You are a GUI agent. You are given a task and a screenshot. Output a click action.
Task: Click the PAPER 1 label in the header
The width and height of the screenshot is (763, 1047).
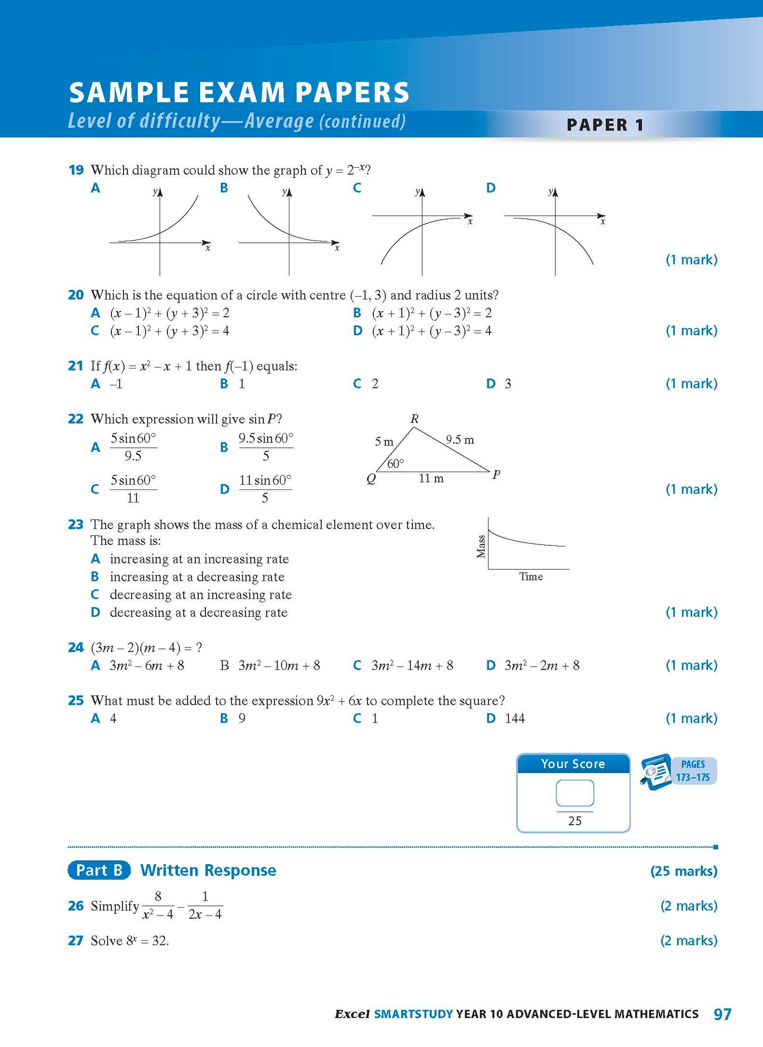click(x=605, y=125)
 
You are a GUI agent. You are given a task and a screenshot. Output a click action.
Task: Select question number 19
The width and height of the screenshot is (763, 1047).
click(x=76, y=170)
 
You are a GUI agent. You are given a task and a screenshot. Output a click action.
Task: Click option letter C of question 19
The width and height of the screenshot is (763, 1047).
click(x=357, y=188)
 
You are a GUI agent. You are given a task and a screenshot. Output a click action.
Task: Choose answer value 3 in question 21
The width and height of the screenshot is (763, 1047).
click(x=508, y=384)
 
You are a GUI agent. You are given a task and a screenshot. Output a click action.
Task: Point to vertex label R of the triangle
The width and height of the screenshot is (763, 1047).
click(x=415, y=419)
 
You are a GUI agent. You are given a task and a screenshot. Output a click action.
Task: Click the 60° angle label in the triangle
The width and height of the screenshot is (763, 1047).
click(x=395, y=464)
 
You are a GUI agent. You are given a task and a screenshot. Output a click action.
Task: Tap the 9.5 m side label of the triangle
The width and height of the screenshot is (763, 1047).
click(x=459, y=439)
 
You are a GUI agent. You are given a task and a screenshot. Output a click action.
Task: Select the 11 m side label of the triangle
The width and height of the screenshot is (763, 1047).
click(x=431, y=478)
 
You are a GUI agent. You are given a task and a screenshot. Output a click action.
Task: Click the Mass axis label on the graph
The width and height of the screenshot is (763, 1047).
click(x=481, y=546)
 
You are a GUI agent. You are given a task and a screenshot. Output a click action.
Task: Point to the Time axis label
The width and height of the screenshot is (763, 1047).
click(x=531, y=577)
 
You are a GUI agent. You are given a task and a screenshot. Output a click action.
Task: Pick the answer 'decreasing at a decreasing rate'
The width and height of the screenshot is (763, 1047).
click(x=199, y=612)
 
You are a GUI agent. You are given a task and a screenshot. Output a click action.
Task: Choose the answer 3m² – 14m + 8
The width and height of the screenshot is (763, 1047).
click(x=412, y=665)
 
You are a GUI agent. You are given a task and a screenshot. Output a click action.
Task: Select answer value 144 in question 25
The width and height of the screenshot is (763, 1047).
click(x=515, y=718)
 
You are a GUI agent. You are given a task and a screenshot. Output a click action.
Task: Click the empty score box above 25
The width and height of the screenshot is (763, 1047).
click(x=574, y=794)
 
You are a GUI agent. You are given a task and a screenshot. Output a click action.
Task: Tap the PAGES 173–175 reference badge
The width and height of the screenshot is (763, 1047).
click(x=693, y=771)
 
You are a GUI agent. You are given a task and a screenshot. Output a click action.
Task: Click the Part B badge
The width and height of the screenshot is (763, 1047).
click(x=99, y=870)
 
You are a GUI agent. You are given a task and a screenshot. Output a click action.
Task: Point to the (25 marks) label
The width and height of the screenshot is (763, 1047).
click(x=684, y=871)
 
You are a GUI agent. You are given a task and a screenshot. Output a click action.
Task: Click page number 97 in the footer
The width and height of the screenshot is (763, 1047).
click(x=722, y=1014)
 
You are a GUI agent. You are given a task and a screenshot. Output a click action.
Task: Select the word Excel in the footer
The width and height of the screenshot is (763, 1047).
click(x=352, y=1014)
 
